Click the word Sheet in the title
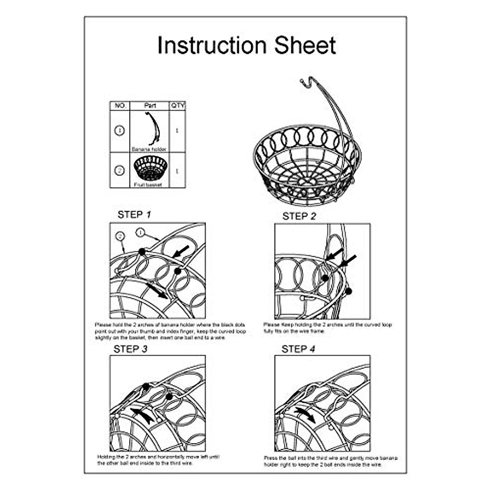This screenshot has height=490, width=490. point(305,45)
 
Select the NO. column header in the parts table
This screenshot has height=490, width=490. point(120,106)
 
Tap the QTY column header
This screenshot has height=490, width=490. point(178,106)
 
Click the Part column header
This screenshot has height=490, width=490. point(150,106)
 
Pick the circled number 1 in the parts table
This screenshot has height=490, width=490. point(120,131)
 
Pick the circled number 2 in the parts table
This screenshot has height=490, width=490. point(120,170)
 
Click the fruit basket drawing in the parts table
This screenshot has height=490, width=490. point(150,168)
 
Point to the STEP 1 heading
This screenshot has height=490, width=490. point(134,214)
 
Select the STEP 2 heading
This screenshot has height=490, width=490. point(299,216)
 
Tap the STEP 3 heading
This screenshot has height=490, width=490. point(130,349)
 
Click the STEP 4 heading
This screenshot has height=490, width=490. point(298,349)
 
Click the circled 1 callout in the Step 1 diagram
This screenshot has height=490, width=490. point(140,232)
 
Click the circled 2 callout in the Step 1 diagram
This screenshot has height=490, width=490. point(120,236)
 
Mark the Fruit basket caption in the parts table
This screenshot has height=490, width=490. point(148,185)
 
